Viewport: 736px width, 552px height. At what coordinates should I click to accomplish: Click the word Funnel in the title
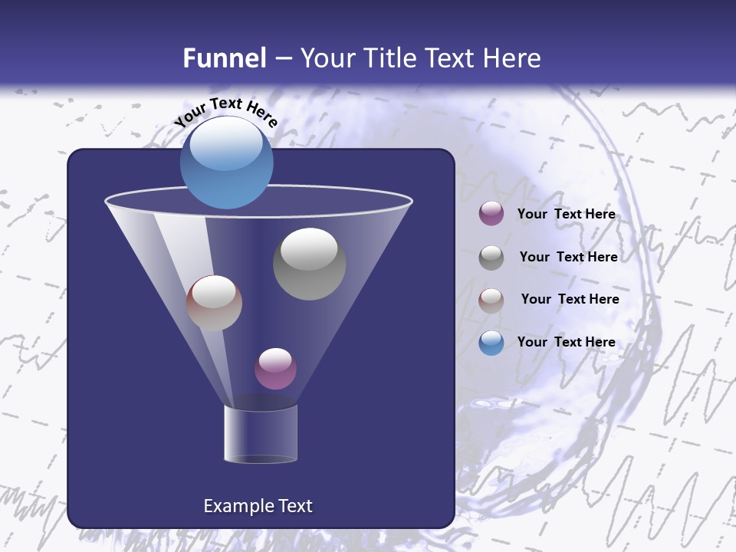coord(225,58)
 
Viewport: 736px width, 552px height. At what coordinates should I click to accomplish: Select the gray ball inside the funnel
coord(309,264)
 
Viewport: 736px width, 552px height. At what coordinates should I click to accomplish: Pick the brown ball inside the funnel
coord(214,303)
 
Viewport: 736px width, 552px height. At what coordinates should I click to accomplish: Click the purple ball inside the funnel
coord(275,369)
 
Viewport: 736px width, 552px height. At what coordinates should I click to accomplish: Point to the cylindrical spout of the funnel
coord(260,434)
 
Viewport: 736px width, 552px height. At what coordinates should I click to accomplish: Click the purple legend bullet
coord(491,214)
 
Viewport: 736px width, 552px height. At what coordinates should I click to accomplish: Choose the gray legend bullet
coord(491,257)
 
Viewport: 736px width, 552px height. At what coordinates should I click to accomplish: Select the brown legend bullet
coord(491,300)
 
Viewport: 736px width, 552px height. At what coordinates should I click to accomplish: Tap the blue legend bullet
coord(491,343)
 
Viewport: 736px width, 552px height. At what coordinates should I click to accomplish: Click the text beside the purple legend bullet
coord(566,214)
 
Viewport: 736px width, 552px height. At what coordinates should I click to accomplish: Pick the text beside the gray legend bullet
coord(568,257)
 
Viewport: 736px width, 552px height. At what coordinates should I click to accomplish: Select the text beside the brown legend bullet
coord(570,299)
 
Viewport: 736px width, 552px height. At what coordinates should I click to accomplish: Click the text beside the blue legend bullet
coord(566,342)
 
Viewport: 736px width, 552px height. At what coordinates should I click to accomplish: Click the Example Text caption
coord(258,506)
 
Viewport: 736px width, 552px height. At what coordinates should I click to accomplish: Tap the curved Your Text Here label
coord(225,112)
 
